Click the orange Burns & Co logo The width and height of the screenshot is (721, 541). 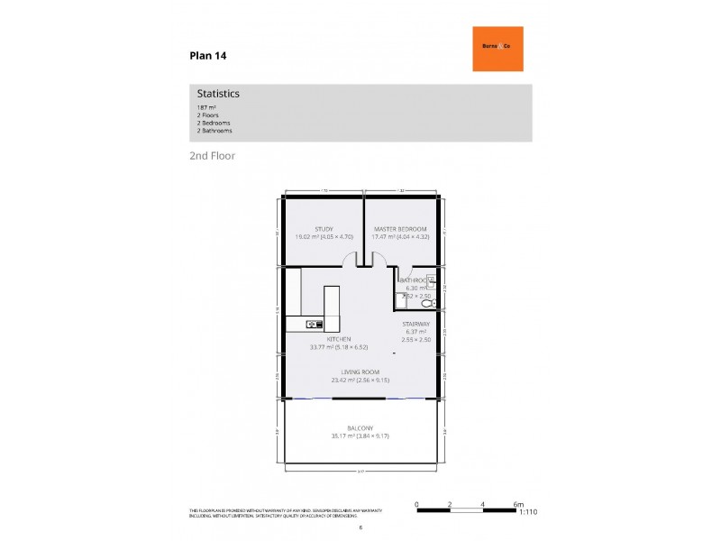pyautogui.click(x=497, y=49)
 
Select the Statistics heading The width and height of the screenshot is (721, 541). pyautogui.click(x=218, y=93)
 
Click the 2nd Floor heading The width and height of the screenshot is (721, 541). pyautogui.click(x=212, y=155)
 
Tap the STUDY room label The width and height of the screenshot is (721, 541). pyautogui.click(x=324, y=229)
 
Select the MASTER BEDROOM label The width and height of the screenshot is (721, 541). pyautogui.click(x=401, y=229)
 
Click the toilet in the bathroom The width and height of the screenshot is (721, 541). pyautogui.click(x=426, y=305)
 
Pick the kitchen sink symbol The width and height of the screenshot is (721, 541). pyautogui.click(x=315, y=323)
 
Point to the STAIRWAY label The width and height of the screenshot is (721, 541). pyautogui.click(x=415, y=322)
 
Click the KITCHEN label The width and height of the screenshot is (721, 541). pyautogui.click(x=326, y=338)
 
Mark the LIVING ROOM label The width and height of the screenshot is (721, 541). pyautogui.click(x=360, y=371)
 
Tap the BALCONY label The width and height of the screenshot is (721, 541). pyautogui.click(x=360, y=428)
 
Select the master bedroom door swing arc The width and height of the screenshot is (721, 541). pyautogui.click(x=379, y=261)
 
